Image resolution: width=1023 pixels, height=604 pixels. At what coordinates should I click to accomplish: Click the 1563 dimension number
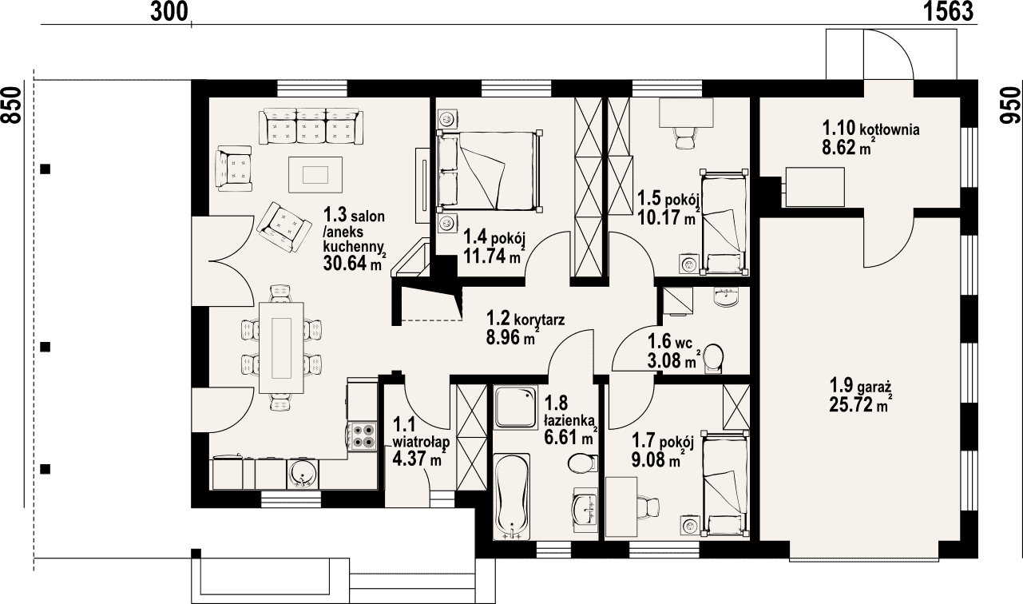948,11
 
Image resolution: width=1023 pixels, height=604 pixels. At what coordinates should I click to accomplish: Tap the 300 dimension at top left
169,11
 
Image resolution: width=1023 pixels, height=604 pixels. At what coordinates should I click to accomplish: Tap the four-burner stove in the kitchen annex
364,435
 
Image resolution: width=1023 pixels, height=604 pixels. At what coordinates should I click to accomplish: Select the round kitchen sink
301,474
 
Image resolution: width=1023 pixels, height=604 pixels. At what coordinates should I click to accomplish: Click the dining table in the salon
281,348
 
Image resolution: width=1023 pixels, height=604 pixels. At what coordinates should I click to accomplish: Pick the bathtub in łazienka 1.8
512,496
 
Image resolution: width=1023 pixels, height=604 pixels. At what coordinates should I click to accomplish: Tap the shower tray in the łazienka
516,407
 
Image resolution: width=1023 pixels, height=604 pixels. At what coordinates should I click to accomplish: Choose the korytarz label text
539,319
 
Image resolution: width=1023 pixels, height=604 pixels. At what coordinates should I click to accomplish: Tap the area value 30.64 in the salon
346,263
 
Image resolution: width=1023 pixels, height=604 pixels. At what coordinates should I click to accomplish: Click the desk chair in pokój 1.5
684,137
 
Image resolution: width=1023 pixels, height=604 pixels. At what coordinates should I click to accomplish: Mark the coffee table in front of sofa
315,174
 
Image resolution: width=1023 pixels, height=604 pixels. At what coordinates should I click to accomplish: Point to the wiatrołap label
421,442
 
